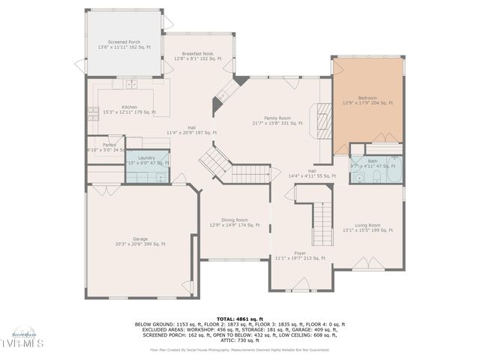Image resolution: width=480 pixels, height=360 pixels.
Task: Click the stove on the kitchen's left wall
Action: pyautogui.click(x=93, y=114)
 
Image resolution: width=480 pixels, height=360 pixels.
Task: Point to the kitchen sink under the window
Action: pyautogui.click(x=130, y=84)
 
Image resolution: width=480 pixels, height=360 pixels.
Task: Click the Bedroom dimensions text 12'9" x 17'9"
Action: pyautogui.click(x=367, y=103)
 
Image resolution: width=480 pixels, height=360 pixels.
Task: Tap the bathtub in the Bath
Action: pyautogui.click(x=387, y=170)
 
